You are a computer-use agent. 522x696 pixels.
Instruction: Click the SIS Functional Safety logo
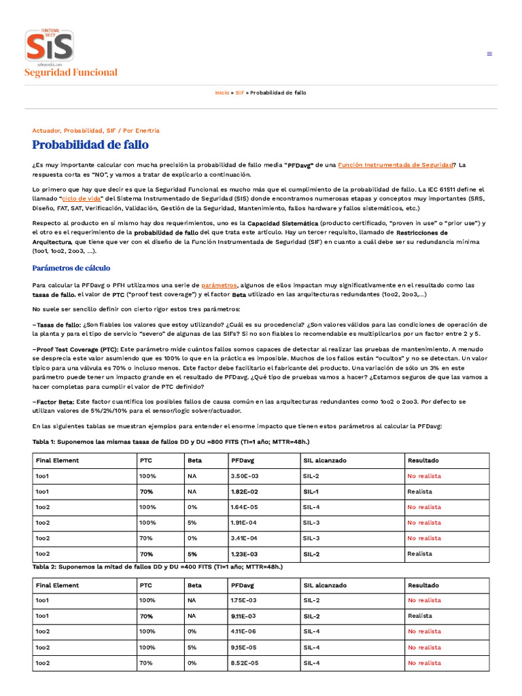[50, 46]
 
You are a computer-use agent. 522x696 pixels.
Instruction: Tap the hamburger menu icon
[489, 54]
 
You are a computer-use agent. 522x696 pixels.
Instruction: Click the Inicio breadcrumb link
[222, 92]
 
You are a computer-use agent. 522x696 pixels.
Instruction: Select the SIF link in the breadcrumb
[240, 92]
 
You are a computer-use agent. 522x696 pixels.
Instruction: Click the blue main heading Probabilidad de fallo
[90, 145]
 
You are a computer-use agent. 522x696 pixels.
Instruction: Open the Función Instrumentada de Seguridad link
[396, 164]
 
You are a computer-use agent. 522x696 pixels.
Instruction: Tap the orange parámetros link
[219, 285]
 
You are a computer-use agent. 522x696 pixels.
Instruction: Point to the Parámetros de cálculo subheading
[71, 268]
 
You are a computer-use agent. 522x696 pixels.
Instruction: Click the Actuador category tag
[46, 130]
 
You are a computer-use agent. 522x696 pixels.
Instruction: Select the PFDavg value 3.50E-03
[245, 476]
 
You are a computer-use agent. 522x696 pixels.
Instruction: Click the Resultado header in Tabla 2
[423, 585]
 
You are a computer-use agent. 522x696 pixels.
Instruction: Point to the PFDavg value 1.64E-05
[245, 507]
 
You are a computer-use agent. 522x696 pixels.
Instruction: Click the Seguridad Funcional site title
[71, 73]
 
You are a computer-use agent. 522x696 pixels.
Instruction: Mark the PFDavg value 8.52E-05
[245, 663]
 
